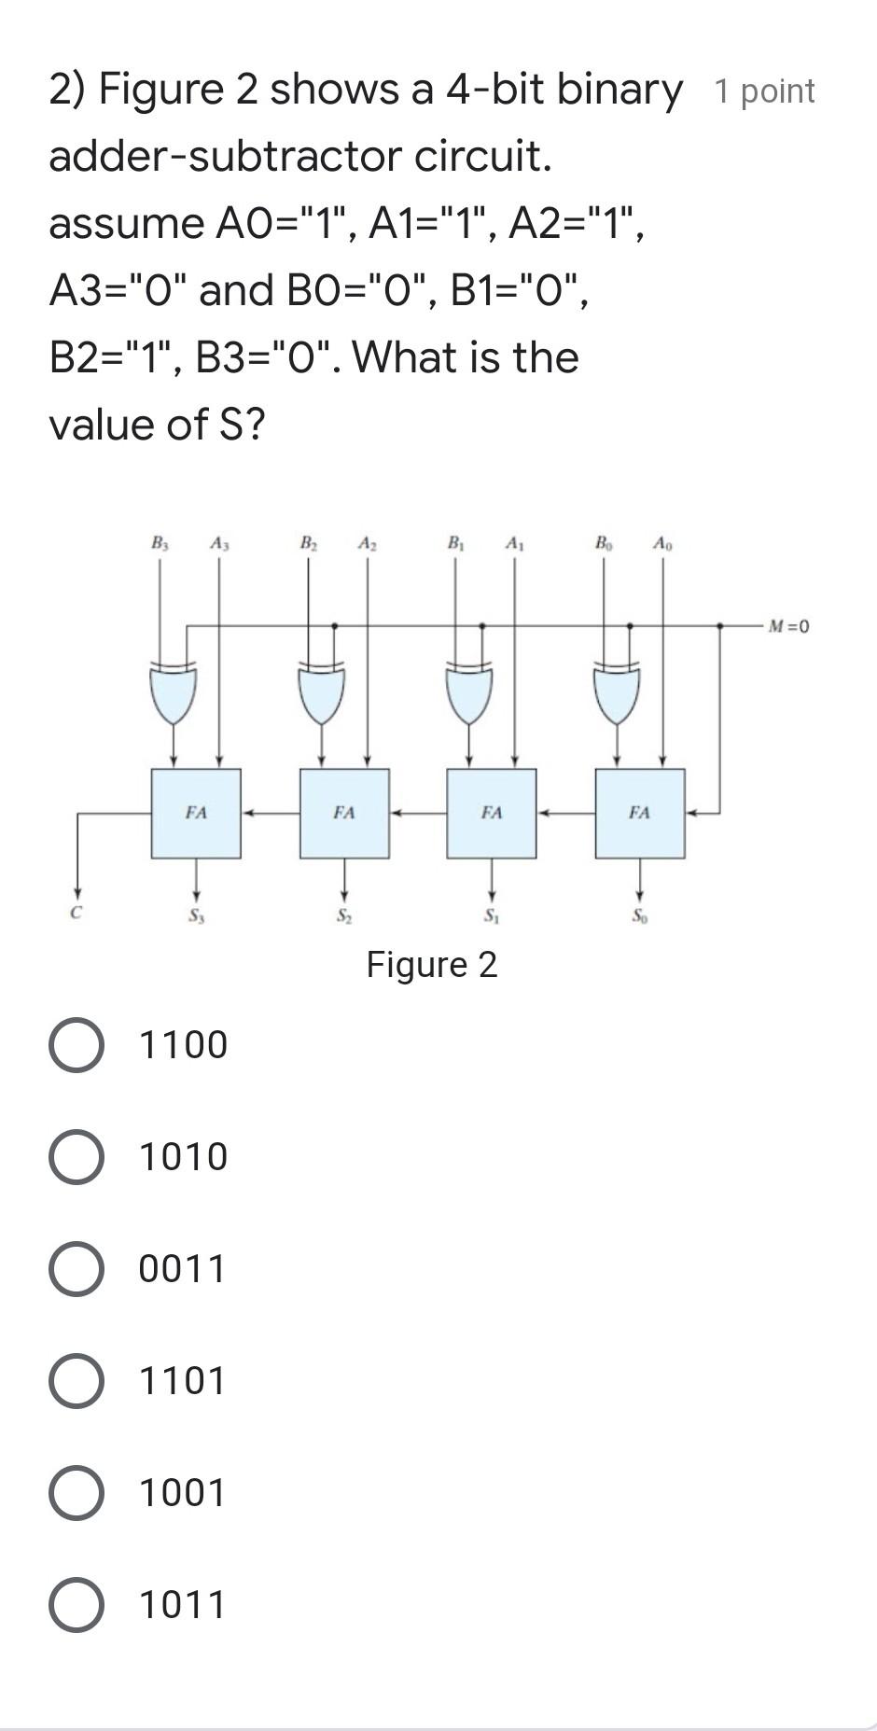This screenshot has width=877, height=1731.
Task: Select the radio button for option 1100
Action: click(77, 1045)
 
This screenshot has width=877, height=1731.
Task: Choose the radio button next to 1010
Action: click(77, 1157)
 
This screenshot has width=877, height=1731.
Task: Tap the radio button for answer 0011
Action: click(77, 1269)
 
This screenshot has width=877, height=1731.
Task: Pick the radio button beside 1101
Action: click(77, 1381)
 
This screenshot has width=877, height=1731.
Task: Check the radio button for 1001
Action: click(77, 1493)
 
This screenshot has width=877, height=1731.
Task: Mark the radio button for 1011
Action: click(77, 1605)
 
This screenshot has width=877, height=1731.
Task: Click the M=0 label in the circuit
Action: click(788, 626)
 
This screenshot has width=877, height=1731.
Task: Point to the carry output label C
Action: click(77, 914)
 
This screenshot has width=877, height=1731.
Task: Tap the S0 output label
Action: click(639, 916)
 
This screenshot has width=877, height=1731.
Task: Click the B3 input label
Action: click(160, 542)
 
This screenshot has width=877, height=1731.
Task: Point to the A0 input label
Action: click(661, 542)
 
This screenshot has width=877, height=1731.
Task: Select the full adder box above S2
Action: click(344, 813)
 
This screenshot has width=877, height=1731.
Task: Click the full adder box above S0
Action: click(640, 813)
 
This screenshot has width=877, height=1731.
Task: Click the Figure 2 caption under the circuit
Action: click(432, 965)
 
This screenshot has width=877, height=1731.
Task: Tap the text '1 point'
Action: click(764, 91)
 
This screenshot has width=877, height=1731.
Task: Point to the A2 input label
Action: click(367, 542)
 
